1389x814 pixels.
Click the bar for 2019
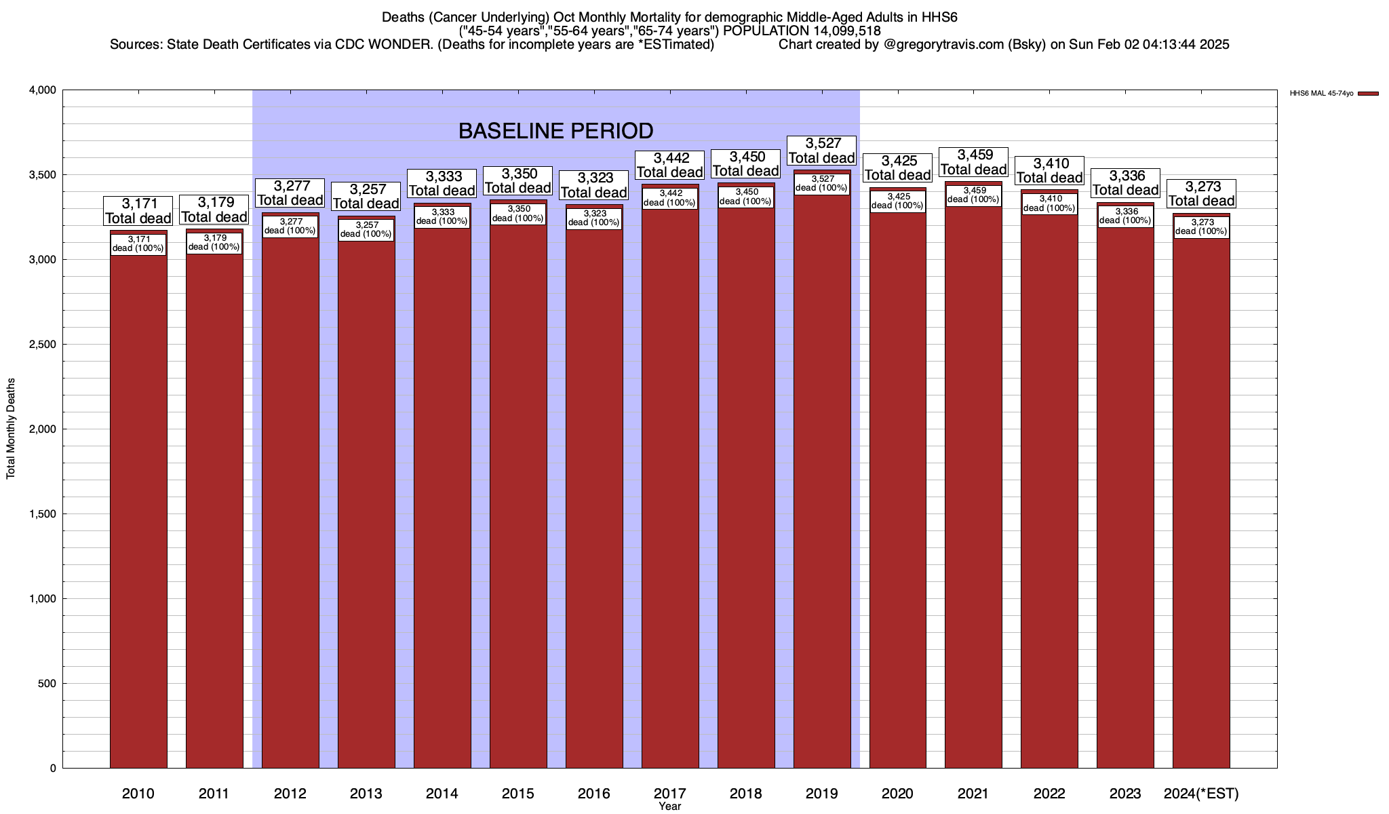click(x=822, y=475)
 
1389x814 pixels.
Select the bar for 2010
click(x=138, y=502)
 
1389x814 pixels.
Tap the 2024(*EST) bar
click(x=1201, y=495)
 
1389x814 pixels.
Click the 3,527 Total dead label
click(x=822, y=151)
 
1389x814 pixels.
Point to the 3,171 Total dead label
click(x=138, y=211)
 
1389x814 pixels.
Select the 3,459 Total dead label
click(x=974, y=162)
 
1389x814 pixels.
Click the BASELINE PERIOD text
click(x=555, y=130)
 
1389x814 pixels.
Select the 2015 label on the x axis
click(x=518, y=794)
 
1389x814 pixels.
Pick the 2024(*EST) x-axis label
click(x=1201, y=794)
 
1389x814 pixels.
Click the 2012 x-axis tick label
click(x=290, y=794)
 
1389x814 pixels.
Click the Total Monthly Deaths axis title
click(x=11, y=429)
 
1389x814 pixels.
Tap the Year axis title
click(x=669, y=807)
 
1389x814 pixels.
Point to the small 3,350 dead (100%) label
click(x=518, y=214)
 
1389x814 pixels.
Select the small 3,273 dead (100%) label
click(x=1201, y=227)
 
